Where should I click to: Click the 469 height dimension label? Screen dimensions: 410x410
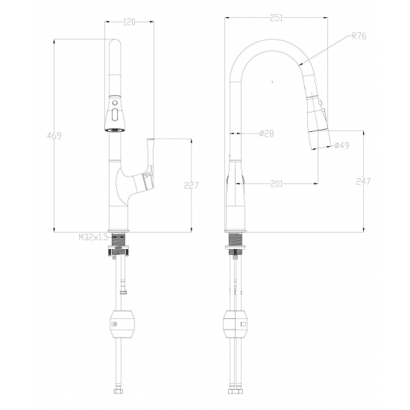click(x=54, y=136)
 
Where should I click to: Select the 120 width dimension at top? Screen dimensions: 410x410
click(x=129, y=22)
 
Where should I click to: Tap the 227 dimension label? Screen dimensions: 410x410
click(x=192, y=185)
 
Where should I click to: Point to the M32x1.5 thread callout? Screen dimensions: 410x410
click(x=93, y=237)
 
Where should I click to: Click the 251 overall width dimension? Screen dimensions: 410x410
click(x=276, y=18)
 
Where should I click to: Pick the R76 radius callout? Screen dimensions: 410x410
click(x=359, y=36)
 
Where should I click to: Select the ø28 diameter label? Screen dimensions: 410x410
click(x=267, y=133)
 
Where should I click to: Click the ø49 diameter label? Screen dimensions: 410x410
click(x=341, y=145)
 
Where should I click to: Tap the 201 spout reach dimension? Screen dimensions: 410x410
click(x=277, y=184)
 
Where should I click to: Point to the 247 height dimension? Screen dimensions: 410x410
click(x=363, y=181)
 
